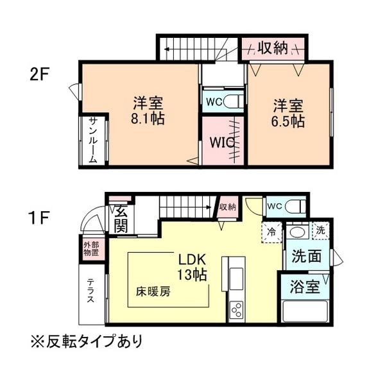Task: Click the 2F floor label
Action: pyautogui.click(x=40, y=74)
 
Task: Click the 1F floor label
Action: pyautogui.click(x=39, y=218)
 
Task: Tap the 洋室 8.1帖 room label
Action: pyautogui.click(x=148, y=111)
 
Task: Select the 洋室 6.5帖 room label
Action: pyautogui.click(x=287, y=113)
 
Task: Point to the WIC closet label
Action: pyautogui.click(x=222, y=142)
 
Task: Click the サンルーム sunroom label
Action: pyautogui.click(x=93, y=141)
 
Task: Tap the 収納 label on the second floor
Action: pyautogui.click(x=273, y=48)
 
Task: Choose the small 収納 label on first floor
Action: pyautogui.click(x=228, y=207)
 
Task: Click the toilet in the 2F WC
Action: pyautogui.click(x=233, y=101)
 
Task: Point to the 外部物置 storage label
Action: pyautogui.click(x=91, y=249)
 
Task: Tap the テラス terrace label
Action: pyautogui.click(x=90, y=290)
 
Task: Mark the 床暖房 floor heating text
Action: pyautogui.click(x=153, y=292)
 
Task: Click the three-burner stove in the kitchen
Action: pyautogui.click(x=237, y=311)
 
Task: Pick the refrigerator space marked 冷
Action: pyautogui.click(x=272, y=232)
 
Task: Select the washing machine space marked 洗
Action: pyautogui.click(x=320, y=230)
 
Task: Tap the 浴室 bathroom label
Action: pyautogui.click(x=305, y=287)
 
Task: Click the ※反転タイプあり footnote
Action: pyautogui.click(x=87, y=341)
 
